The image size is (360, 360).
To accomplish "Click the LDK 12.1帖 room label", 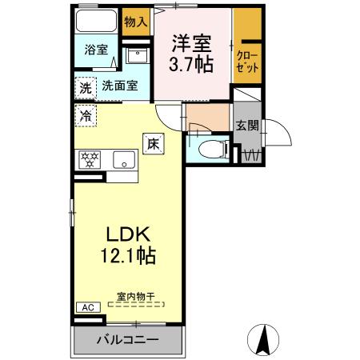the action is point(128,246).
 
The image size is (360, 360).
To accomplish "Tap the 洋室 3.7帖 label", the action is point(191,54).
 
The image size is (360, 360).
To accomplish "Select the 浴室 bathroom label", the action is point(96,50).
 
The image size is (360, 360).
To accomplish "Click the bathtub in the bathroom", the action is point(96,21).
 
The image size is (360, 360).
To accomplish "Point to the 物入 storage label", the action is point(136,22).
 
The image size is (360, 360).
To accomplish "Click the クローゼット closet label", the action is point(247,62).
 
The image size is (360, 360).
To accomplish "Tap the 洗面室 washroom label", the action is point(120,86).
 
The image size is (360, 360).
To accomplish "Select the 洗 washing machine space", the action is point(86,88).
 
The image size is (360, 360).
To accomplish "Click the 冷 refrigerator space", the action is point(86,115).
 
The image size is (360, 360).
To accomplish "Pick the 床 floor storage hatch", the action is point(154,144).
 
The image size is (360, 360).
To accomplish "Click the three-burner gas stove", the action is point(90,160).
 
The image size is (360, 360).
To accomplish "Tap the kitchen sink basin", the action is point(124,160).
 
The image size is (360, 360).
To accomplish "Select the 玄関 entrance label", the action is point(247,126).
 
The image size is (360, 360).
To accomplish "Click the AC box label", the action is point(88,307).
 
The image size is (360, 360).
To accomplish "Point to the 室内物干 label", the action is point(136,296).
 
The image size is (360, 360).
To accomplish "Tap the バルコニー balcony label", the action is point(127,340).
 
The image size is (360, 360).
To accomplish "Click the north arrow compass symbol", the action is point(263,340).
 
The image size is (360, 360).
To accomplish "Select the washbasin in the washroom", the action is point(138,55).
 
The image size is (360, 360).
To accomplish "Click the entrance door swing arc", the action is point(282,129).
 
